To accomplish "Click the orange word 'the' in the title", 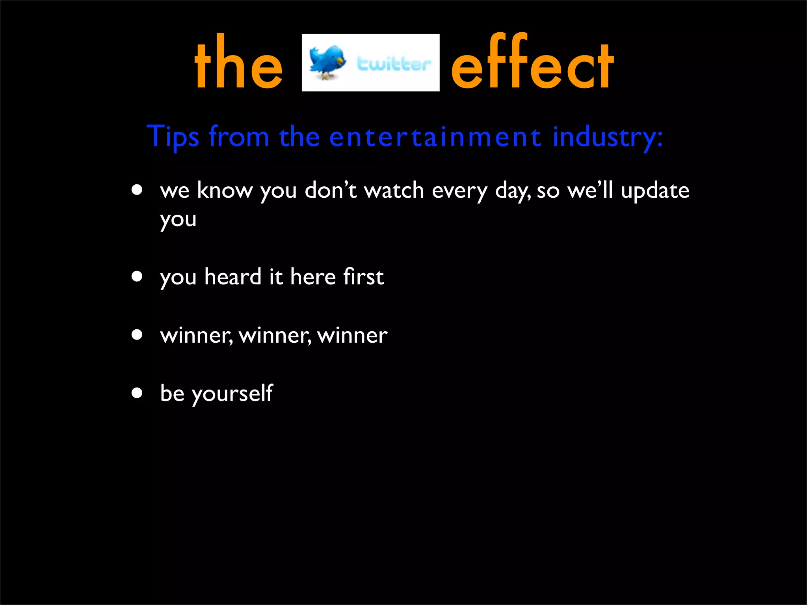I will click(x=238, y=63).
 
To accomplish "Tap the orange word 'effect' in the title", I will click(x=532, y=63).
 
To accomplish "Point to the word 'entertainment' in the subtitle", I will click(x=435, y=137).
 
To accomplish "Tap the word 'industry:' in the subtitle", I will click(x=607, y=137).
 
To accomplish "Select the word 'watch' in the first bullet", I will click(x=394, y=191).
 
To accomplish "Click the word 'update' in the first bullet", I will click(x=655, y=191).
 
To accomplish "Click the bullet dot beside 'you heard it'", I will click(x=137, y=277).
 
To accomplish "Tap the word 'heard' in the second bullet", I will click(x=233, y=277).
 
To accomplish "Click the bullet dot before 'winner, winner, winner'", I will click(x=137, y=335).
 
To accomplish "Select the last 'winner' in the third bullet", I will click(x=352, y=336).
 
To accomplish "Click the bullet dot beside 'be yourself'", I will click(x=137, y=393).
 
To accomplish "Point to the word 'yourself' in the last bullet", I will click(x=232, y=393).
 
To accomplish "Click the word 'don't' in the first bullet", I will click(x=331, y=191).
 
